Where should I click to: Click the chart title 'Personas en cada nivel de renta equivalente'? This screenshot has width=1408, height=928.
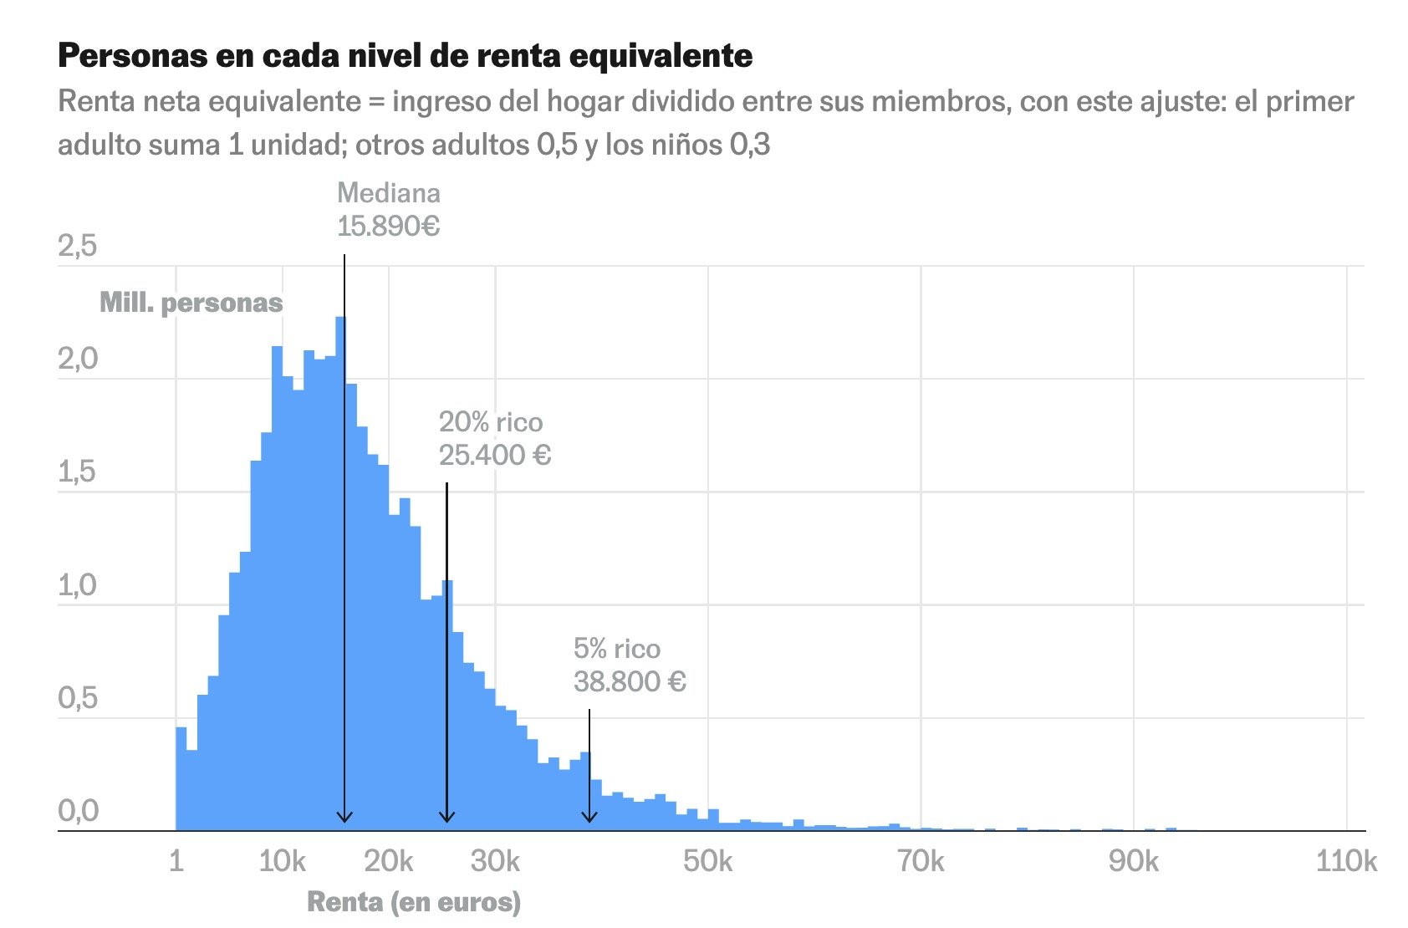(405, 56)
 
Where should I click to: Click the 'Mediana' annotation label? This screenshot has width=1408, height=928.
(388, 193)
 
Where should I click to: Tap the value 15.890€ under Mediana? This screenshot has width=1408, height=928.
(388, 226)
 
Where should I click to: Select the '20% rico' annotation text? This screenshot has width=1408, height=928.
(491, 422)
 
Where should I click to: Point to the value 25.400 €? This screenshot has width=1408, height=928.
(495, 456)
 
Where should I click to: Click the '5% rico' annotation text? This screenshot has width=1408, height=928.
(617, 649)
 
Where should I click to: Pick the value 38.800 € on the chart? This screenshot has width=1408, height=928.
(630, 682)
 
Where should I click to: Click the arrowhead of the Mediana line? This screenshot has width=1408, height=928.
(344, 817)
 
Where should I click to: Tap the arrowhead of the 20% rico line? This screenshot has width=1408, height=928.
(447, 817)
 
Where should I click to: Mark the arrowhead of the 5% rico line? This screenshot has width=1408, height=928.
(589, 817)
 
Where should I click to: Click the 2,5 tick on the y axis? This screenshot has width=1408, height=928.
(77, 247)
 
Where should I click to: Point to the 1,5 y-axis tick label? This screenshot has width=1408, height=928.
(77, 472)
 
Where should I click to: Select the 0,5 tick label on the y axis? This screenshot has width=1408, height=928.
(77, 698)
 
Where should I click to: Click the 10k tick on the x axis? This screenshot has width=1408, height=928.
(283, 861)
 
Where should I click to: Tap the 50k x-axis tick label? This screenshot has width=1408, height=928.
(707, 861)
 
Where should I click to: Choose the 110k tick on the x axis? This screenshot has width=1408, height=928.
(1346, 861)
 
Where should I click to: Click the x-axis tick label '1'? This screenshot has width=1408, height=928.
(176, 861)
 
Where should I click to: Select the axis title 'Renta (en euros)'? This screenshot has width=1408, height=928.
(414, 902)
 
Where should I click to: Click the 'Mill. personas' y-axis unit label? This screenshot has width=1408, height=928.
(191, 303)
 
